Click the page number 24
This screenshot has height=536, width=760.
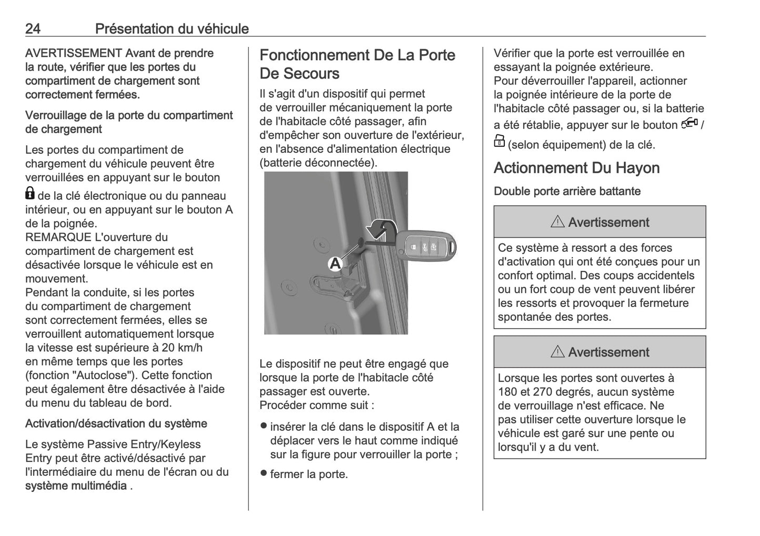tap(33, 28)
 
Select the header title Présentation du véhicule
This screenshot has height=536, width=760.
tap(171, 28)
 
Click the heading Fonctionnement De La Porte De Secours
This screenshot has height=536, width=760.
tap(357, 64)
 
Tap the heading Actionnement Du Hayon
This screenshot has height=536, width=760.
tap(576, 168)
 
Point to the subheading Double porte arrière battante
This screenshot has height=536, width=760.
tap(567, 191)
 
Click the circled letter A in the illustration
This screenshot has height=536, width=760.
tap(335, 263)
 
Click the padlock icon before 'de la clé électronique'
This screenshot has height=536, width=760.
tap(30, 194)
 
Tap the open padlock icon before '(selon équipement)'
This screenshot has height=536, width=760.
tap(499, 142)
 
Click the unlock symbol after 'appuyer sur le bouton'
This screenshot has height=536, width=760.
tap(689, 123)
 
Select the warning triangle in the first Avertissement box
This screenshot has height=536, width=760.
tap(558, 222)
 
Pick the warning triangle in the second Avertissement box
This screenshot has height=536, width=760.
tap(558, 352)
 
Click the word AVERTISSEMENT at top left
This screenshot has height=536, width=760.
tap(74, 53)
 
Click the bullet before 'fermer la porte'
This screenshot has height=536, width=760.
tap(264, 473)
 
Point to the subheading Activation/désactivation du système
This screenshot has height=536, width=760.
tap(116, 424)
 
